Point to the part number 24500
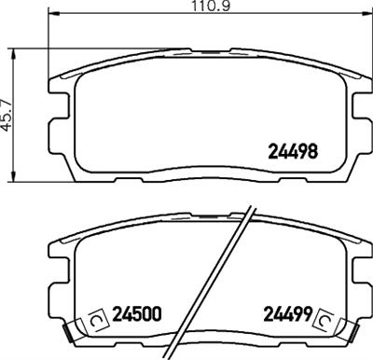(x=139, y=314)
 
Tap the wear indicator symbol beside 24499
(x=326, y=319)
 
